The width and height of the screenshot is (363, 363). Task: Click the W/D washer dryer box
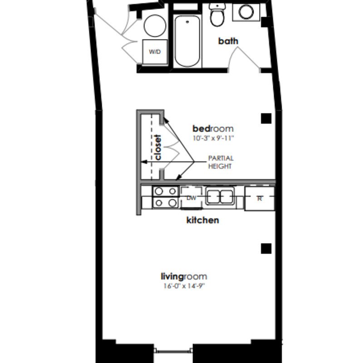pos(155,52)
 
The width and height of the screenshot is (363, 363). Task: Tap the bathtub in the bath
pos(187,41)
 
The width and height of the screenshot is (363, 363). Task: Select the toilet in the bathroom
pos(217,15)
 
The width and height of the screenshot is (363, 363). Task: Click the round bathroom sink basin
pos(246,12)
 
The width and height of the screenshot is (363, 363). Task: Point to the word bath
pos(228,41)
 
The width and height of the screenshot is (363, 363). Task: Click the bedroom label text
pos(213,128)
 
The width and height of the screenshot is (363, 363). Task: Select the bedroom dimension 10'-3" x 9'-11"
pos(213,138)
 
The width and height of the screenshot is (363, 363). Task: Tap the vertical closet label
pos(158,147)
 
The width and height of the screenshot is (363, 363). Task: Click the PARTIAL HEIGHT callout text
pos(221,162)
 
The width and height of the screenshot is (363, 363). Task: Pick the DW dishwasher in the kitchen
pos(191,198)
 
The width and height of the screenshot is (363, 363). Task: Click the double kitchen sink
pos(220,196)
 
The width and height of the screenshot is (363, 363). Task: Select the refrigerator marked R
pos(260,199)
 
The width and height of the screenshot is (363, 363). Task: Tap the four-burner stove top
pos(165,197)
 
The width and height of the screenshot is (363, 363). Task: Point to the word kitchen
pos(202,220)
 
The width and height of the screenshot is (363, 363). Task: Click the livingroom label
pos(184,277)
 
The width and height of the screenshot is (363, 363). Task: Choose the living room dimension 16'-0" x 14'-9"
pos(185,286)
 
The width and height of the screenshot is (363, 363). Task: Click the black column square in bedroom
pos(266,118)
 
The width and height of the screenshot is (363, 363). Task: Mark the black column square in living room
pos(266,249)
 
